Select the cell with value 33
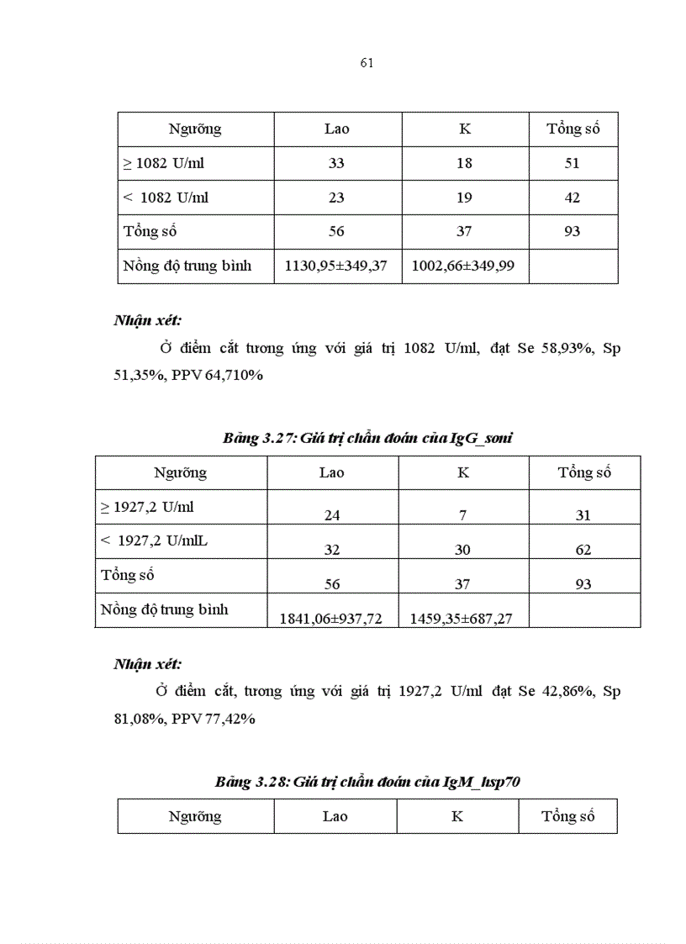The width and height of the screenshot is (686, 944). click(x=336, y=163)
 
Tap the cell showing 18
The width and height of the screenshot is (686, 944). click(x=464, y=163)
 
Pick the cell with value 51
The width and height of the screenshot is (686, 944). click(x=572, y=163)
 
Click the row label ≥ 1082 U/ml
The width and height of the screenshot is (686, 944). click(x=164, y=163)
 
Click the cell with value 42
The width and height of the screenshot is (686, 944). click(x=572, y=198)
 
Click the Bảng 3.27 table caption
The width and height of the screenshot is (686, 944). click(x=368, y=438)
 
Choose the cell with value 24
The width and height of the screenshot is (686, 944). click(x=332, y=515)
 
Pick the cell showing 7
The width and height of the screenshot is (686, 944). click(x=462, y=515)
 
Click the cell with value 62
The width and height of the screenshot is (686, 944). click(x=583, y=550)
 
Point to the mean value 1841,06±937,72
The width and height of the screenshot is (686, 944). click(x=330, y=619)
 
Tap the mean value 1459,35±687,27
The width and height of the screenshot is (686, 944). click(x=462, y=619)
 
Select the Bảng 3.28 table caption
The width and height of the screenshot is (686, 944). click(x=368, y=782)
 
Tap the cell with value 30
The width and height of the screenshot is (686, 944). click(x=462, y=550)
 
